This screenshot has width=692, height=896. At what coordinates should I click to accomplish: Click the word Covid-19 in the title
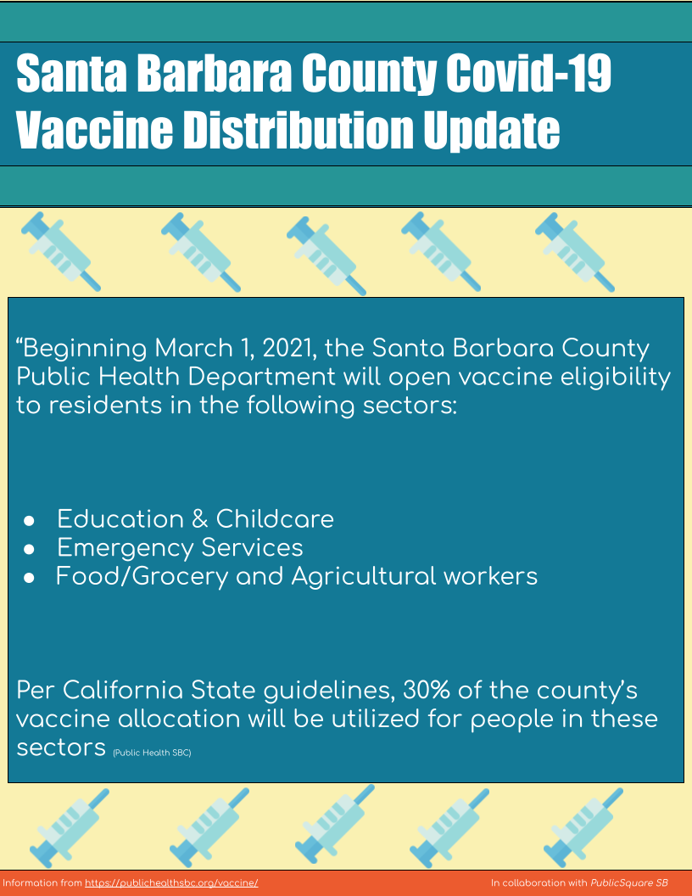point(528,73)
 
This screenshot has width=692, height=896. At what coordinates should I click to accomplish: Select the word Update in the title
point(491,131)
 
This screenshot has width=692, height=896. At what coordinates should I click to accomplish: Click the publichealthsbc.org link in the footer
point(171,883)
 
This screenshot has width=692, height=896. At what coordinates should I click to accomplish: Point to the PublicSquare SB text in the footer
point(629,883)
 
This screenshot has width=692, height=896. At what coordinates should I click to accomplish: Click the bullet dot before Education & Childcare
point(29,521)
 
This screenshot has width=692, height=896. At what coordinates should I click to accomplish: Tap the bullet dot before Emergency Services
point(29,549)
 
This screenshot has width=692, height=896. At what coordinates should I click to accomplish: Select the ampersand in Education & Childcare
point(200,519)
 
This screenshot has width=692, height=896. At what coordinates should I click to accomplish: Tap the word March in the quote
point(193,348)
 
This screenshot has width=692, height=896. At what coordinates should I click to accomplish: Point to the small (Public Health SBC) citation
point(152,753)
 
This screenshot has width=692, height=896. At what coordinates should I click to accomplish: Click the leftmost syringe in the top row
point(61,251)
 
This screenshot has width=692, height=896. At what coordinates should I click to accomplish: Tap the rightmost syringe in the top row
point(575,252)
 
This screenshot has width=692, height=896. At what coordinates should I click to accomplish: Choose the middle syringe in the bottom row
point(335,824)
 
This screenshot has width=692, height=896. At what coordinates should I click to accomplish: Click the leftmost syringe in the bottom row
point(70,828)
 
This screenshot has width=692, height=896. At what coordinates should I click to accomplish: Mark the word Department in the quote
point(262,378)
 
